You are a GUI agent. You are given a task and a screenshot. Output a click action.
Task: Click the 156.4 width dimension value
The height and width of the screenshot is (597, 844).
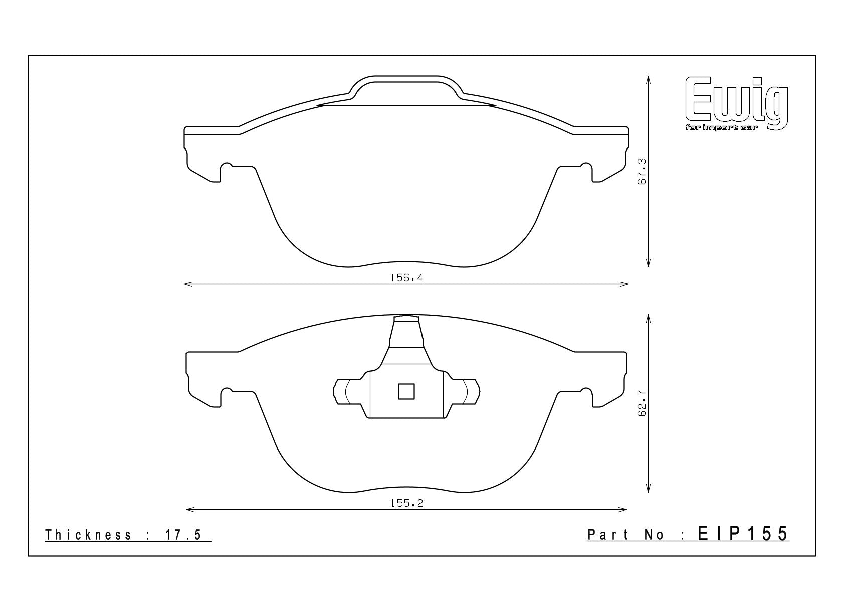406,278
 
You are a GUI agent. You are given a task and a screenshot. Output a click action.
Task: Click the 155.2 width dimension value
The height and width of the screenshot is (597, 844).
406,503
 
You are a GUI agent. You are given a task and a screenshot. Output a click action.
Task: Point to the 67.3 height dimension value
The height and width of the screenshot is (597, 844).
642,171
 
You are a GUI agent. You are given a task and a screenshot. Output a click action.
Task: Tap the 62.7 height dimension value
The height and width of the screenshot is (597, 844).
642,403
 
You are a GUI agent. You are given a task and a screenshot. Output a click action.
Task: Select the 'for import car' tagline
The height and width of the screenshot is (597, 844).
720,128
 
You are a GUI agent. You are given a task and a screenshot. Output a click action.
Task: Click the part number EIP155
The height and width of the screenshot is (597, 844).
743,534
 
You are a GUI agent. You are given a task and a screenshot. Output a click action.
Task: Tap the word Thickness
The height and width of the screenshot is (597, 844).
88,535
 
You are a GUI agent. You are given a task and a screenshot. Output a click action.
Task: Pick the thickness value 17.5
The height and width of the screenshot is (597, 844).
183,535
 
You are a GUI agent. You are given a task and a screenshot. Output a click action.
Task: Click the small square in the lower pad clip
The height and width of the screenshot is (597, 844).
406,391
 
